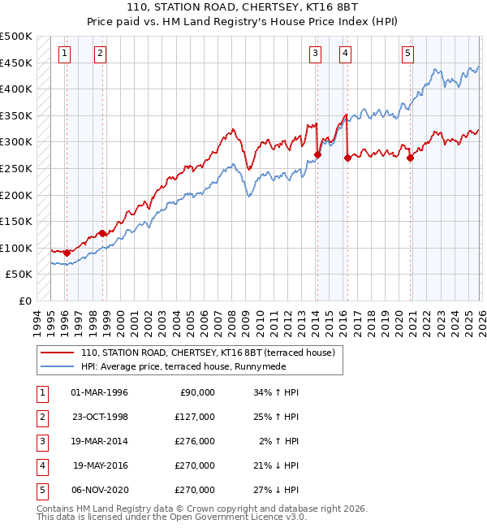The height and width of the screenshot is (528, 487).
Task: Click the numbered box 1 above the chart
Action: click(64, 54)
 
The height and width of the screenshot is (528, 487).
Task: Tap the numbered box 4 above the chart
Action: click(345, 54)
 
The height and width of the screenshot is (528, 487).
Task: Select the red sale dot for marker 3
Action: click(317, 155)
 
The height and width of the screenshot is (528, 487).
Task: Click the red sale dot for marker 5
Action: click(410, 158)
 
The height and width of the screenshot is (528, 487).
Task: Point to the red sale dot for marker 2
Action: click(102, 234)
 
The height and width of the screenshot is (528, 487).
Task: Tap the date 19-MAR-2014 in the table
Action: click(100, 441)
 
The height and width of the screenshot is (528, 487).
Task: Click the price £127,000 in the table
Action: click(196, 417)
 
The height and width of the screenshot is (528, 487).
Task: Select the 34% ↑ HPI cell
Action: click(277, 392)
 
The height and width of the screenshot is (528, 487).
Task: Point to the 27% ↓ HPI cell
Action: click(277, 490)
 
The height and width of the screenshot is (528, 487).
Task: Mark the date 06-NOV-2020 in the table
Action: click(100, 490)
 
